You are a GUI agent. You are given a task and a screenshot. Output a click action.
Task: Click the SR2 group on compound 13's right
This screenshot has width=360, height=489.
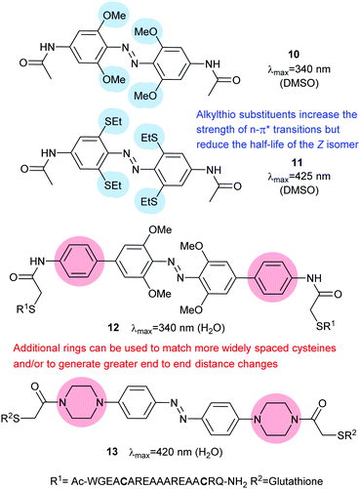(x=345, y=433)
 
